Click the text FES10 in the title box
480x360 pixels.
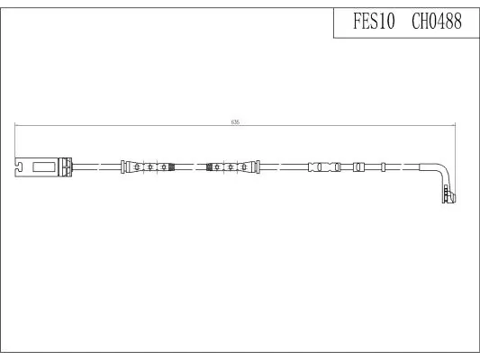click(x=374, y=22)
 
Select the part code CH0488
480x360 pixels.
click(x=437, y=22)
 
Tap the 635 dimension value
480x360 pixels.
click(x=235, y=122)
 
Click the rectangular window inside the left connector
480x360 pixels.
click(x=44, y=167)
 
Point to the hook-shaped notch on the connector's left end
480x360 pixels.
click(x=19, y=166)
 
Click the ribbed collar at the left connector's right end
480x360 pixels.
click(x=65, y=167)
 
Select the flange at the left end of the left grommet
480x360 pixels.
click(x=122, y=167)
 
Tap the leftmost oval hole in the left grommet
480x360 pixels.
click(x=137, y=167)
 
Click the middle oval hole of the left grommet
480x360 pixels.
click(x=150, y=167)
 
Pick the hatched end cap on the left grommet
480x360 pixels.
click(x=172, y=167)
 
